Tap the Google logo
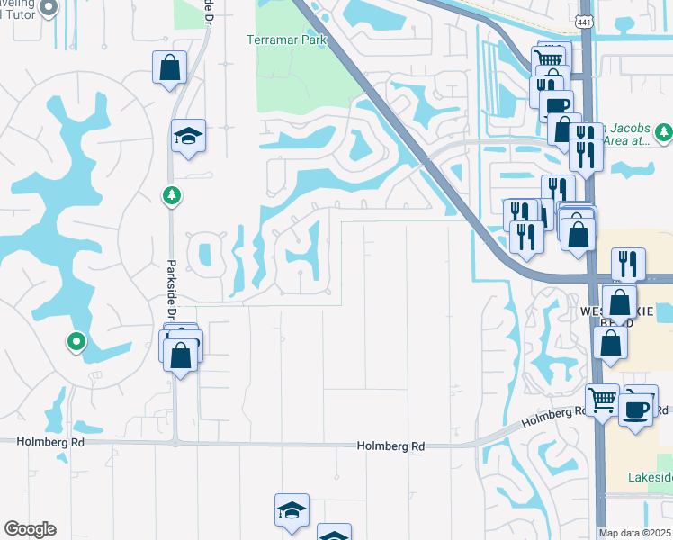tap(30, 529)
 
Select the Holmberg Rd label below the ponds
tap(390, 445)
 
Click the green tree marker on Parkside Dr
tap(170, 194)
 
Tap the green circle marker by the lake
tap(76, 341)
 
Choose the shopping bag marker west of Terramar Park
tap(169, 67)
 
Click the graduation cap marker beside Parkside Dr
tap(188, 136)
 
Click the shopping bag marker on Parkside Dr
tap(181, 353)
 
